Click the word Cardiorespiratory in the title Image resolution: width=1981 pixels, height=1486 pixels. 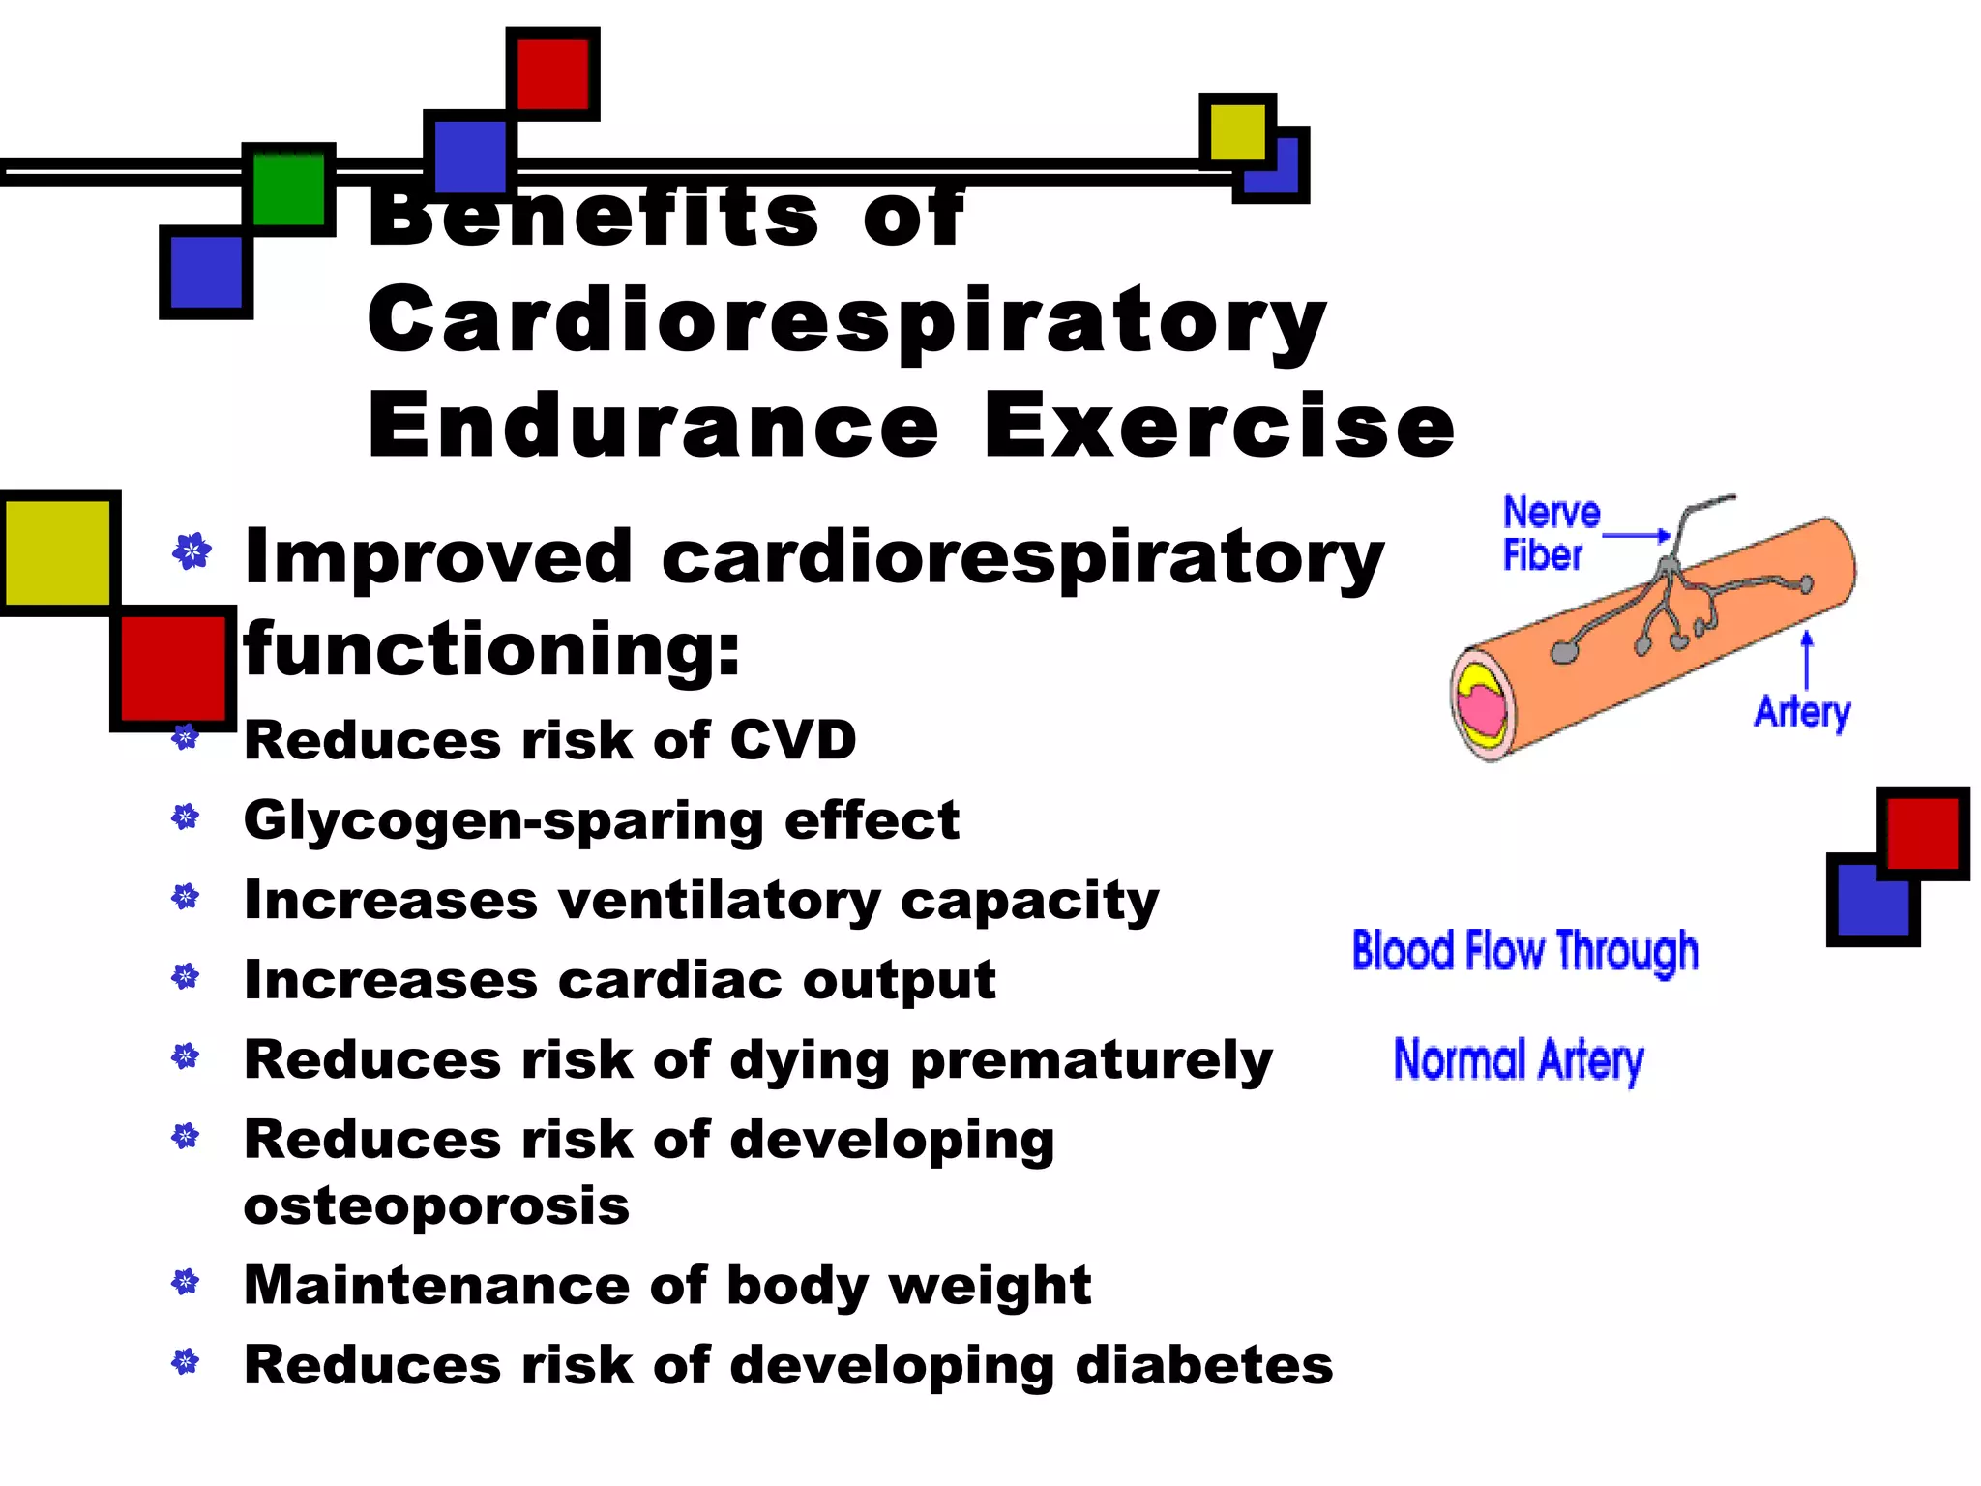click(846, 322)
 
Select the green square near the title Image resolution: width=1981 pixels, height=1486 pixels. click(288, 190)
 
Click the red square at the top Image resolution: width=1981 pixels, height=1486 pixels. click(552, 74)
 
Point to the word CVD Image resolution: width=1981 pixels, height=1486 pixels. click(792, 740)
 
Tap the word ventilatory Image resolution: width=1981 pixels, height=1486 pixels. click(719, 901)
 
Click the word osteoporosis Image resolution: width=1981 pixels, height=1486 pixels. click(436, 1206)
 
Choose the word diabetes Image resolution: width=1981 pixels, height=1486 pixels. click(1203, 1365)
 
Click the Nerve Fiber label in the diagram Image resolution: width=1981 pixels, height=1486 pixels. click(1550, 533)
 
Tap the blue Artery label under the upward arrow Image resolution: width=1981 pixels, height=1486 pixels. click(1802, 712)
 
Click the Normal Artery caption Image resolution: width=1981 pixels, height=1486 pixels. click(1518, 1060)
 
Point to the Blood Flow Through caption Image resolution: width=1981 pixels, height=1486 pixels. click(1524, 951)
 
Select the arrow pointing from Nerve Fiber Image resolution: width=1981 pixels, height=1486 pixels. click(1637, 535)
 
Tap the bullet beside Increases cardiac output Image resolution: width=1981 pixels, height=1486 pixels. click(186, 977)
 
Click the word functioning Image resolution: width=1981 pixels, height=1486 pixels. click(491, 650)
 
